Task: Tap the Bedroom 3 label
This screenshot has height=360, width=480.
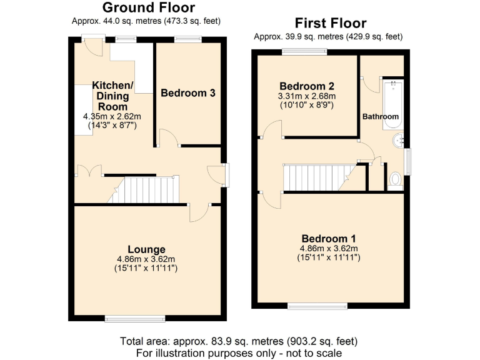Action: point(188,93)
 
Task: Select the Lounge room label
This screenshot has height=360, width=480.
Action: point(147,249)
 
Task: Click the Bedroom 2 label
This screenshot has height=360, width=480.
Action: point(306,86)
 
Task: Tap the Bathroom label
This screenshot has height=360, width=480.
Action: point(381,117)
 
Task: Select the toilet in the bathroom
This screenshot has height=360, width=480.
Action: point(395,180)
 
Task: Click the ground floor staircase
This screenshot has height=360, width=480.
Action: point(150,190)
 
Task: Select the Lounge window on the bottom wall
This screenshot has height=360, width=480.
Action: point(136,319)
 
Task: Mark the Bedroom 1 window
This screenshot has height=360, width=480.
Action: point(317,306)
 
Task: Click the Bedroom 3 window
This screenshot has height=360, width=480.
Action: point(187,40)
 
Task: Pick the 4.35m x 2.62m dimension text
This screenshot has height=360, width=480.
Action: point(112,117)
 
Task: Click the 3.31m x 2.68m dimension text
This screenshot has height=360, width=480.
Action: point(306,96)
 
